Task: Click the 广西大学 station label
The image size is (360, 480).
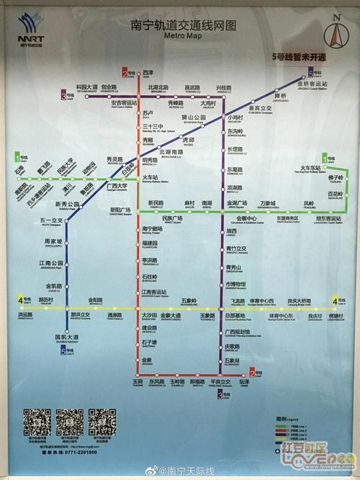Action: pos(117,187)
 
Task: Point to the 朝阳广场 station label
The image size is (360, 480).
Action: pos(119,211)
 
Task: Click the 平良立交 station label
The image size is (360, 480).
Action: pos(221,382)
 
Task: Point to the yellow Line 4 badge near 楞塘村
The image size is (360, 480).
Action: pos(338,300)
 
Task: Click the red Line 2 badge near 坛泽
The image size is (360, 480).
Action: pos(253,373)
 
